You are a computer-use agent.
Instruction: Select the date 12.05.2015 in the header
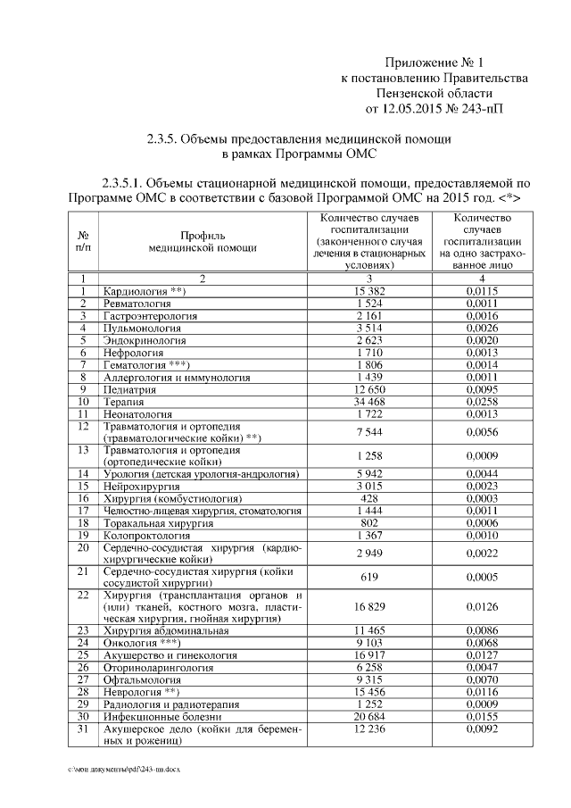point(412,110)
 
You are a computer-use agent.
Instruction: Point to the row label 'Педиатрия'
point(128,391)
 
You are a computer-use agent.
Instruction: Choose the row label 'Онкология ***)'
point(143,642)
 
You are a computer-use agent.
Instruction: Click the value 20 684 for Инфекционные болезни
point(368,717)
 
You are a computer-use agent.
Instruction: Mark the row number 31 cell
point(82,729)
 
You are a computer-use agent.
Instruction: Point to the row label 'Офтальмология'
point(139,679)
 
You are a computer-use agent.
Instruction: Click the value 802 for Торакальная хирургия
point(368,522)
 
